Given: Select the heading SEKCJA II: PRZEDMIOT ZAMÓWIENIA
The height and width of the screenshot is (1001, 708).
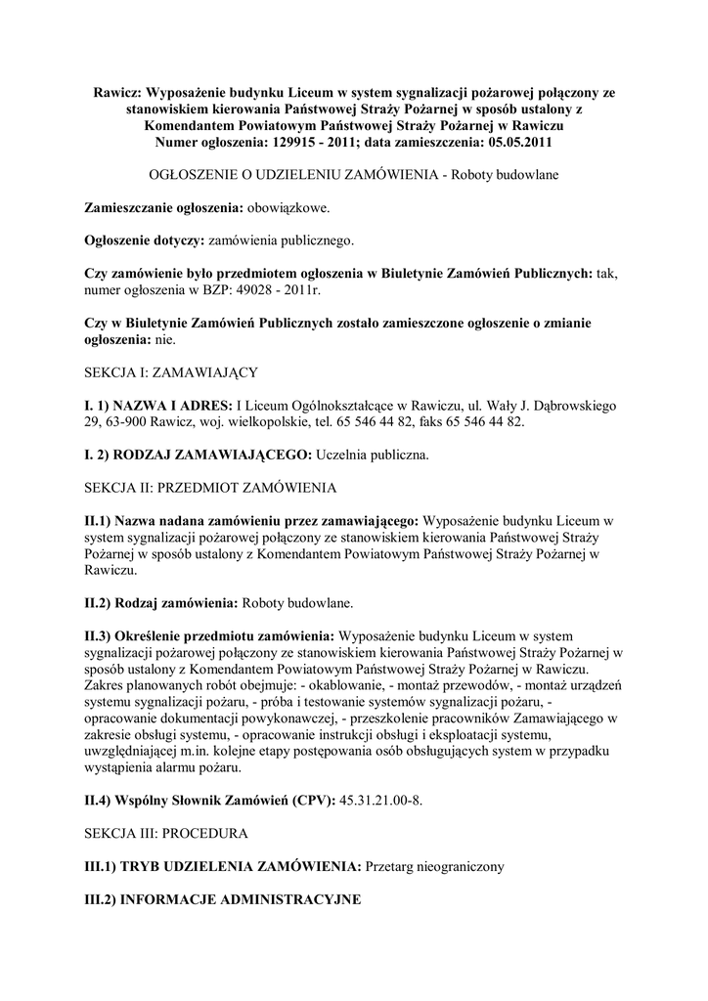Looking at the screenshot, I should click(210, 487).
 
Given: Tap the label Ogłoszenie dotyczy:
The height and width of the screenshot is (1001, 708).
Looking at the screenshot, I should click(145, 239).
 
